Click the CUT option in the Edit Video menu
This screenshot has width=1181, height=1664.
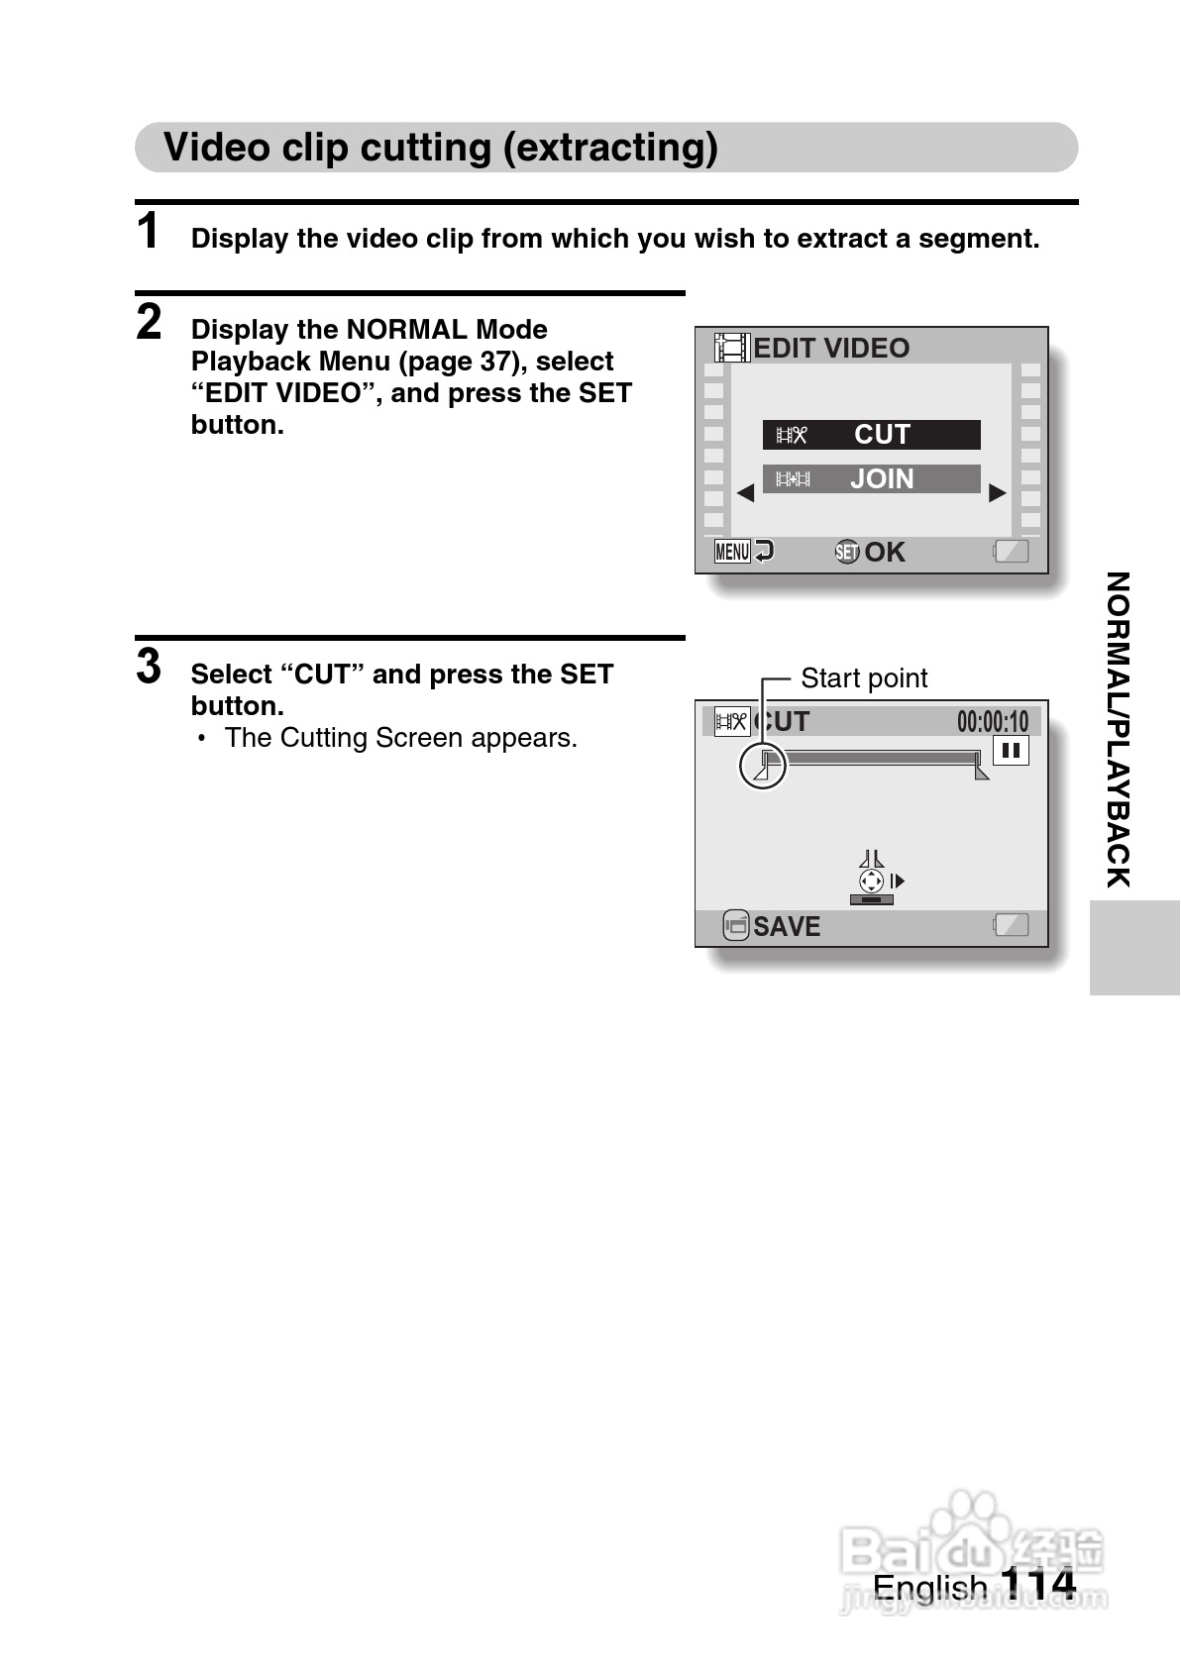click(x=871, y=435)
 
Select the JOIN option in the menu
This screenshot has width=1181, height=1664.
click(x=871, y=479)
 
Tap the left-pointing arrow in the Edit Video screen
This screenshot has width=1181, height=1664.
click(x=745, y=492)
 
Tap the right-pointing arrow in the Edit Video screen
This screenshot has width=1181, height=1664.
click(x=998, y=492)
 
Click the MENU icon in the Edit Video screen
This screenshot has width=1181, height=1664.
click(x=733, y=552)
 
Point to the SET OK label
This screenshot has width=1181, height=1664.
click(x=870, y=552)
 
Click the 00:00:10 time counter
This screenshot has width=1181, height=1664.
click(x=992, y=722)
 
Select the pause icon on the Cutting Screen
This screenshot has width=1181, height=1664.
click(x=1011, y=751)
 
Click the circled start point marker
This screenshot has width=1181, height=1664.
click(x=763, y=766)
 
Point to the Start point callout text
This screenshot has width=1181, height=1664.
click(x=864, y=678)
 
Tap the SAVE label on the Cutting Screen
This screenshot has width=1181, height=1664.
click(x=786, y=926)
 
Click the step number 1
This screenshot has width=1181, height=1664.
click(x=148, y=232)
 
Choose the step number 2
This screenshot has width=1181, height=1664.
click(x=149, y=323)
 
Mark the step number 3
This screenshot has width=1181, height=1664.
click(x=149, y=667)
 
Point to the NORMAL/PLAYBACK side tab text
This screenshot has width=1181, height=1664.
click(x=1118, y=729)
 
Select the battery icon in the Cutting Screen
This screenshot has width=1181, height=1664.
click(x=1011, y=925)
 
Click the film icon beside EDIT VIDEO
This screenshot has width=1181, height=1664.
click(x=732, y=348)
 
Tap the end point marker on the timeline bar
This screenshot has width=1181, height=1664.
click(x=980, y=769)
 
